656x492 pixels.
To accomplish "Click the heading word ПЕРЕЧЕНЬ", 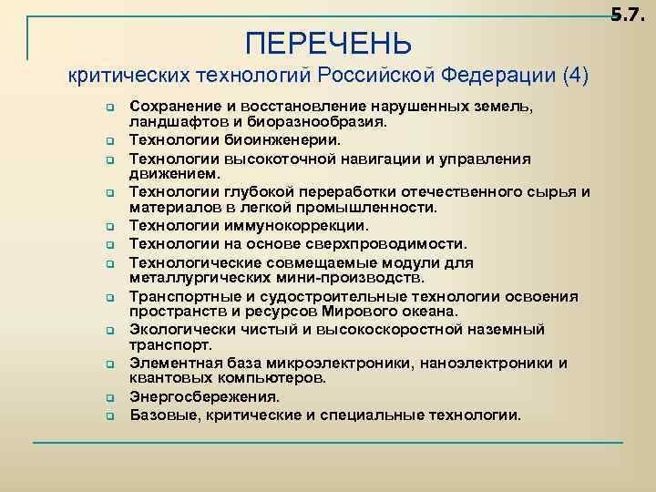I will (329, 43).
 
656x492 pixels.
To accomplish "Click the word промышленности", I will (364, 208).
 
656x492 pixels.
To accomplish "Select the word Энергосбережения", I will (204, 397).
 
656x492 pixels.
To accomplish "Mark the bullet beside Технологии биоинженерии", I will (108, 141).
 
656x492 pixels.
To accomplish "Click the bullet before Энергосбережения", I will (108, 398).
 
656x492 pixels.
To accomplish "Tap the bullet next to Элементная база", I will (108, 364).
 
